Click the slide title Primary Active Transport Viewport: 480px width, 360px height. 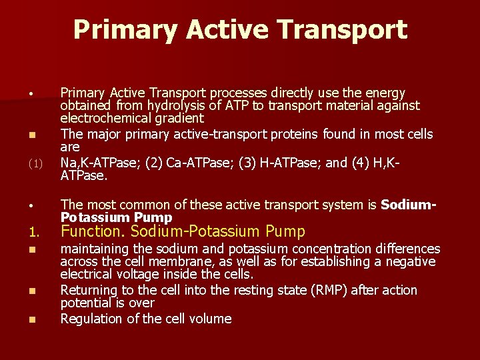pos(240,30)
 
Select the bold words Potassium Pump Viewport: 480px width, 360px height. pos(117,218)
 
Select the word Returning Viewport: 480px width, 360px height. pos(90,291)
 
